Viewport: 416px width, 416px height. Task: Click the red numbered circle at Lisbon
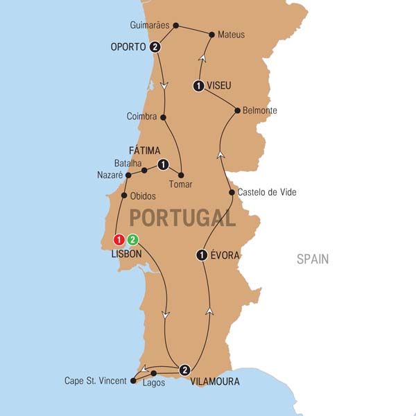click(119, 240)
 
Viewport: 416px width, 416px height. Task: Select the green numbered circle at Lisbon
click(133, 240)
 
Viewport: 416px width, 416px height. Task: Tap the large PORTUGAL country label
click(182, 218)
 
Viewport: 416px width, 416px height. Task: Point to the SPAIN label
click(313, 259)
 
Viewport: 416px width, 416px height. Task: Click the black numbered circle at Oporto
click(155, 47)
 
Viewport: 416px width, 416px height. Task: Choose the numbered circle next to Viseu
click(198, 86)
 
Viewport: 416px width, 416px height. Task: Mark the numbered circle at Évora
click(202, 255)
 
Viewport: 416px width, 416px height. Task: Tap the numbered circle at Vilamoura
click(184, 369)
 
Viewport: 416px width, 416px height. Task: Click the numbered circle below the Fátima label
click(163, 164)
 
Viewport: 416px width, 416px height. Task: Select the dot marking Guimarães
click(175, 26)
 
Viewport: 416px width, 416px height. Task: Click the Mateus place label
click(231, 34)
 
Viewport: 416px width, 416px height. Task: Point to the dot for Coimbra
click(164, 117)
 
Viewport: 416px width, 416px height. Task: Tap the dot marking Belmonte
click(237, 110)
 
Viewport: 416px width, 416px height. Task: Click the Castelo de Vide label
click(267, 192)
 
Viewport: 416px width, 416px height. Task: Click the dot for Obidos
click(124, 195)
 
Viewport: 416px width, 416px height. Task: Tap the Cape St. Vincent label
click(96, 381)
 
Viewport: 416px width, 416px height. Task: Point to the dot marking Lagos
click(154, 373)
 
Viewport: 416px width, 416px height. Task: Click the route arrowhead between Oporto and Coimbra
click(164, 86)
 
